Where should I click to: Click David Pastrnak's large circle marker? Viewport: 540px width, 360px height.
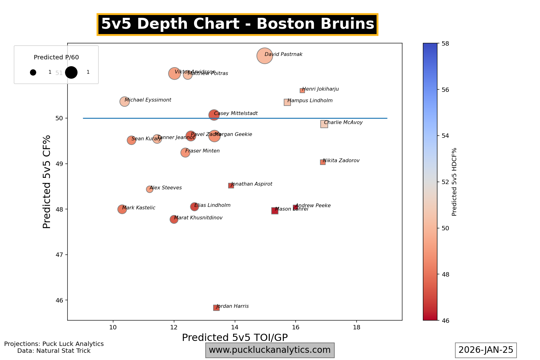(265, 56)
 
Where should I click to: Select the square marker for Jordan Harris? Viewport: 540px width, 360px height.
(216, 308)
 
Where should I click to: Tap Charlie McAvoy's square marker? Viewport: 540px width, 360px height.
(324, 124)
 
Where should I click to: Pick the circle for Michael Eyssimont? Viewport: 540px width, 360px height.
(124, 102)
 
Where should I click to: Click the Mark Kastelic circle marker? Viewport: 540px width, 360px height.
(122, 209)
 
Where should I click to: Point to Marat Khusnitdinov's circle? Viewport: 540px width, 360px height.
(174, 219)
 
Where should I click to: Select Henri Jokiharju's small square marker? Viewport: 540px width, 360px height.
(302, 91)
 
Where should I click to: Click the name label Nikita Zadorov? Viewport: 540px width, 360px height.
(341, 161)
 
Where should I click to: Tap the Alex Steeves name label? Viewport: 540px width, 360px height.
(166, 188)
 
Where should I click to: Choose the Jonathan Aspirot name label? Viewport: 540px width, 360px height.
(252, 184)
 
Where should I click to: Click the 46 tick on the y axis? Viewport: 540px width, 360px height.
(59, 300)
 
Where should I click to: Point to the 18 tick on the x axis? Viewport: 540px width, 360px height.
(356, 327)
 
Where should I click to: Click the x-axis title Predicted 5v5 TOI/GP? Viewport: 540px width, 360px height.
(235, 337)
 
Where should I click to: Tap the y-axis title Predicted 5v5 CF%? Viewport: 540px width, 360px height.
(47, 182)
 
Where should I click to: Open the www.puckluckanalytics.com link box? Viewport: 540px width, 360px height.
(270, 350)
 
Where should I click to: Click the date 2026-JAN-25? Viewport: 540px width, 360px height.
(486, 350)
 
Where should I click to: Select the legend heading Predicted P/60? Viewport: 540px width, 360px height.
(56, 57)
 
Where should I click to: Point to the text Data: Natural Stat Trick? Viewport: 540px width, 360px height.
(54, 351)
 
